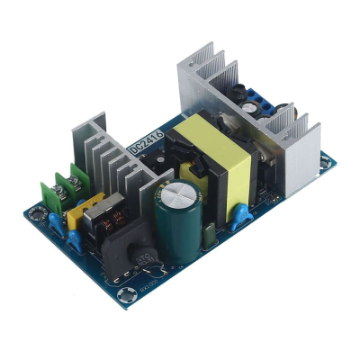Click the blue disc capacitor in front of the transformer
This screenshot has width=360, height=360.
pyautogui.click(x=238, y=216)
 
